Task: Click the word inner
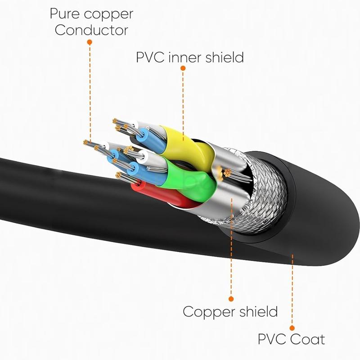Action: pos(182,58)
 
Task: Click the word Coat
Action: pos(308,338)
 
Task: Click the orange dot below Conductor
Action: pos(90,42)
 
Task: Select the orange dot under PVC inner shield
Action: pos(183,68)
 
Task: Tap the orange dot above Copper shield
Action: pos(231,298)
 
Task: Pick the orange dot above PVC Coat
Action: pos(292,328)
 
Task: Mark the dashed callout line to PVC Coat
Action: pos(292,292)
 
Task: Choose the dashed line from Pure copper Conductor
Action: pos(90,90)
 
